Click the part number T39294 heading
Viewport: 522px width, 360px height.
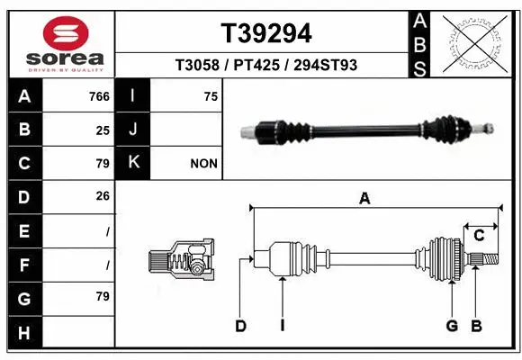coord(266,33)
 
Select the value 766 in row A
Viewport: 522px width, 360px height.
coord(99,96)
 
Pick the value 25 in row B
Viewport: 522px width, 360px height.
coord(103,130)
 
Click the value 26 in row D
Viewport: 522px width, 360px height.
coord(103,196)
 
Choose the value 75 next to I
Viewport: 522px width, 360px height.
coord(211,96)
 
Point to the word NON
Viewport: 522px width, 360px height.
coord(203,164)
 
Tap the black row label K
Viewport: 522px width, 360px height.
coord(133,163)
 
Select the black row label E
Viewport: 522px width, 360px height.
coord(24,230)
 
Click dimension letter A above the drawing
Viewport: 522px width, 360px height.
coord(364,200)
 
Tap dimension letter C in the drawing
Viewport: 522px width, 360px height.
coord(479,237)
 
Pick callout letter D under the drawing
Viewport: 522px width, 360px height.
coord(240,326)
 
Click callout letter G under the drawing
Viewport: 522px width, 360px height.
coord(452,326)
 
